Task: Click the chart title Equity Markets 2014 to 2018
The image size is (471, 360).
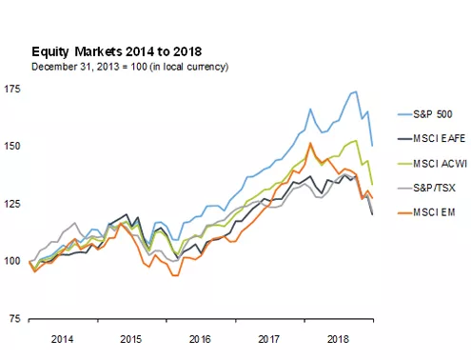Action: click(117, 50)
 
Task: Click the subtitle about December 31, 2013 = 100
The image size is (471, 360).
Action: click(129, 67)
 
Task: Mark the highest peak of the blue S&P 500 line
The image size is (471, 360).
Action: click(355, 91)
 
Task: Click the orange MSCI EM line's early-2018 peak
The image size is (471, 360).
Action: click(310, 144)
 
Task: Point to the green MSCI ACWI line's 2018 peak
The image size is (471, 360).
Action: click(355, 141)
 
